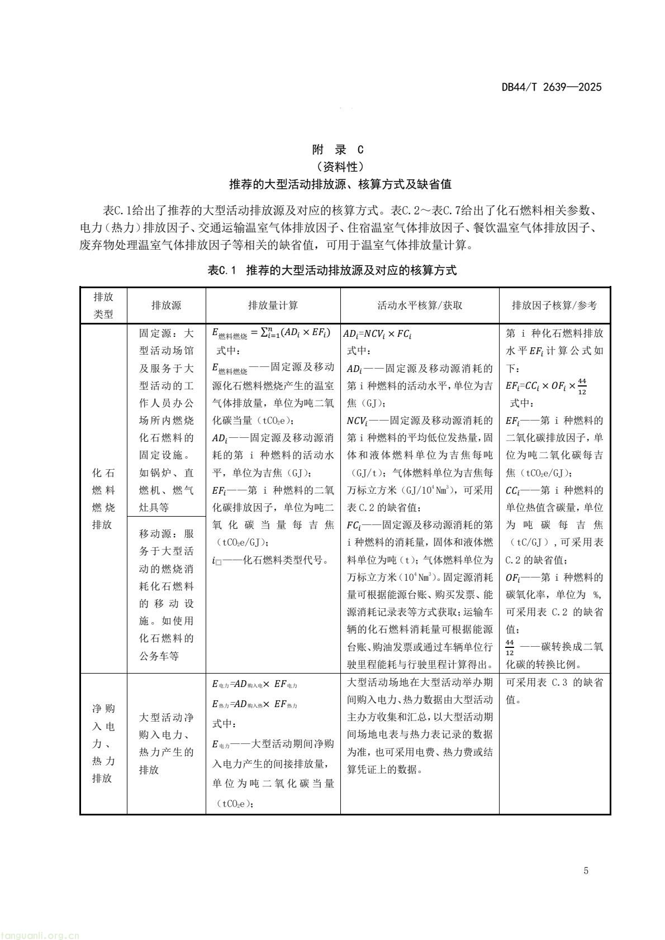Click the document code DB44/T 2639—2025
point(551,87)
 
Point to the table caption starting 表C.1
point(332,271)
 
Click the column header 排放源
point(166,305)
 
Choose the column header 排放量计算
point(273,305)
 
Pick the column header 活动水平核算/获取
point(420,305)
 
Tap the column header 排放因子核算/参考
point(554,305)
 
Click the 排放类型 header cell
point(103,305)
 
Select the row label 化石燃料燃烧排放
point(103,499)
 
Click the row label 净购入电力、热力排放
point(103,743)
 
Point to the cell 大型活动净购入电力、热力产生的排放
point(166,743)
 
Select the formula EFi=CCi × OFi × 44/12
point(546,385)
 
